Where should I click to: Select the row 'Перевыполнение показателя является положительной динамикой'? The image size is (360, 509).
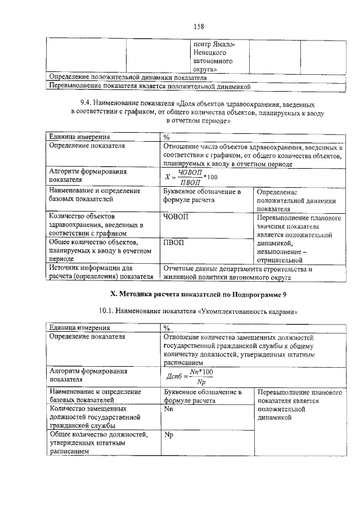coord(149,86)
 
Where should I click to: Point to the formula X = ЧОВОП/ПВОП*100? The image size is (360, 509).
coord(191,176)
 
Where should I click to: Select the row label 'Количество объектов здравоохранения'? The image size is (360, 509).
coord(96,224)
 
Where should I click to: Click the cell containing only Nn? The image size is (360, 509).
coord(168,409)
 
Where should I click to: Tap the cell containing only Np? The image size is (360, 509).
coord(168,434)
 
